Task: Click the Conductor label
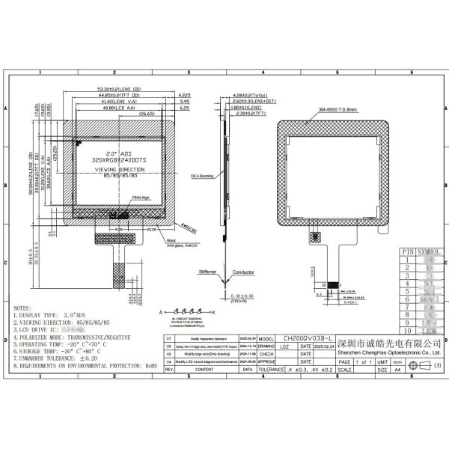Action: [x=243, y=272]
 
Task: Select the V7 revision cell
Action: [x=169, y=340]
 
